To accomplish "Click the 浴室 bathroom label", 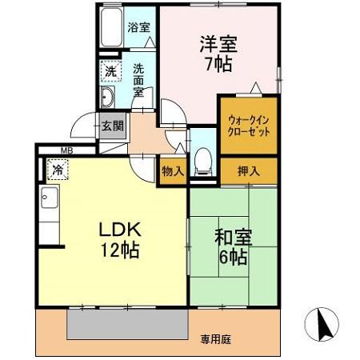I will (139, 26).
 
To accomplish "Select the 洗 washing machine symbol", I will (111, 70).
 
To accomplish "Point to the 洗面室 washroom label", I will (138, 80).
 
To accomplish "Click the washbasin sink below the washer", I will (109, 98).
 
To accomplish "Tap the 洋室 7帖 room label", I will (218, 54).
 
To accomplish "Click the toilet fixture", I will (203, 161).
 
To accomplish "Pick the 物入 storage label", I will (173, 170).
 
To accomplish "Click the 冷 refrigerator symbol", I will (58, 169).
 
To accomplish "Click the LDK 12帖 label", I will (118, 239).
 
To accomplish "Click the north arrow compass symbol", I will (322, 326).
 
